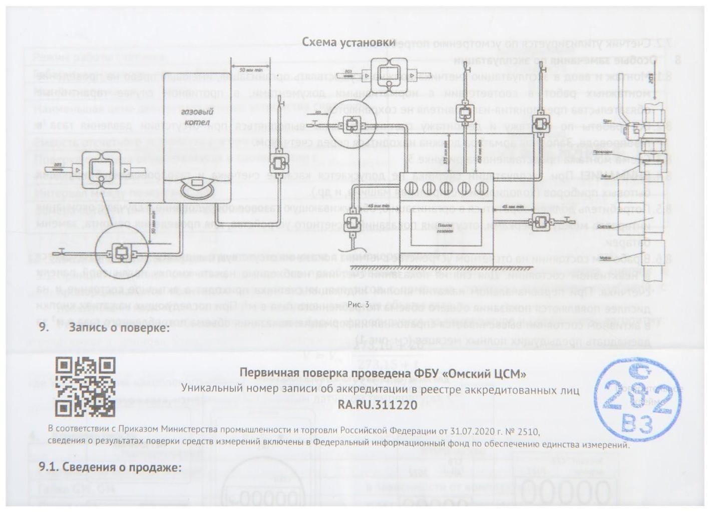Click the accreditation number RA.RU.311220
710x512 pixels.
(x=377, y=405)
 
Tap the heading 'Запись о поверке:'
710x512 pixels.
(x=119, y=328)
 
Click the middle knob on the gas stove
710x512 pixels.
(x=446, y=189)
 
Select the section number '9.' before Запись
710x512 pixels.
(x=45, y=328)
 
